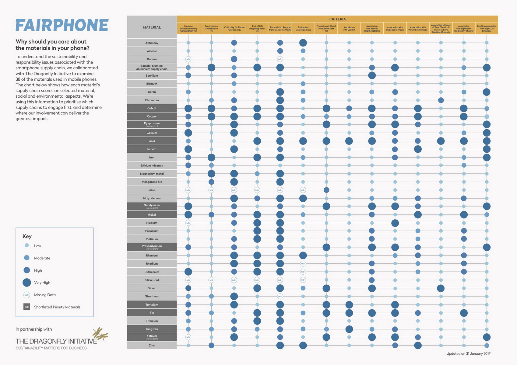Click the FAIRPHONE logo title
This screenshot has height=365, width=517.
[x=62, y=26]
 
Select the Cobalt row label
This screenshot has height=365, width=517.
[x=152, y=108]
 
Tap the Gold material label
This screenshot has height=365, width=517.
[x=152, y=141]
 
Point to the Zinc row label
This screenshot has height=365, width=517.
[x=152, y=346]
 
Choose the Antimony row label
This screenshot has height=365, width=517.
[x=152, y=43]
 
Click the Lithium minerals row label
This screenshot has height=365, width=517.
[x=152, y=165]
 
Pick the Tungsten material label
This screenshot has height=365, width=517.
[x=152, y=329]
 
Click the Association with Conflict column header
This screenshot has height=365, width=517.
[x=349, y=28]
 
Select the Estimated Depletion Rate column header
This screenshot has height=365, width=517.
[x=303, y=28]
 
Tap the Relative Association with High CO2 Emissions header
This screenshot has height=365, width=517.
[x=487, y=28]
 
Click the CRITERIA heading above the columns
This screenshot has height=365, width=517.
[x=337, y=19]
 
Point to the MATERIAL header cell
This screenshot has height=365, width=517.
[x=152, y=27]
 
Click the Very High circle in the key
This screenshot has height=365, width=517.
[x=27, y=283]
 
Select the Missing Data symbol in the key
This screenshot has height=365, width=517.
[x=27, y=295]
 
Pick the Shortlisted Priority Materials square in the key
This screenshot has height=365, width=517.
[x=27, y=307]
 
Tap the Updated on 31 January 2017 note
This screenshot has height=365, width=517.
[x=468, y=353]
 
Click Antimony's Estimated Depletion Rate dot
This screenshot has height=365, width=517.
[x=303, y=43]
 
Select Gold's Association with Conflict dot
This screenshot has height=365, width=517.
[x=349, y=141]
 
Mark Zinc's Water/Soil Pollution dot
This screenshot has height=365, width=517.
[x=418, y=346]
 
